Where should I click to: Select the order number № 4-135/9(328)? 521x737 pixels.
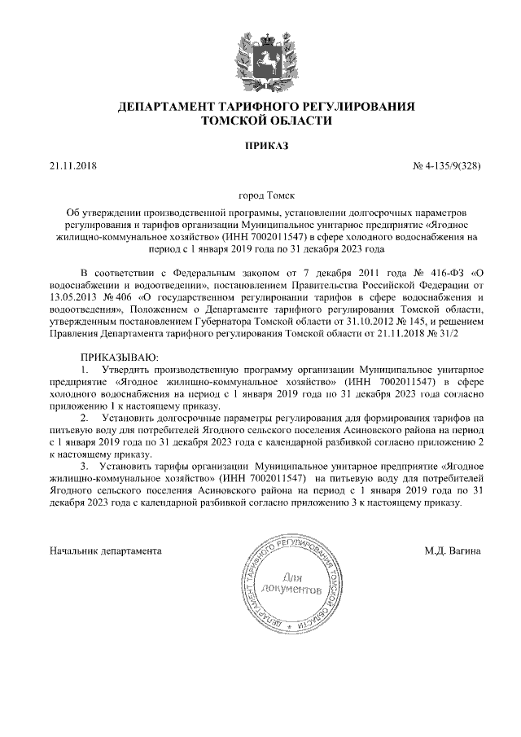point(448,168)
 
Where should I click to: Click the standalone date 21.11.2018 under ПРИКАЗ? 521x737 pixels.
point(72,168)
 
